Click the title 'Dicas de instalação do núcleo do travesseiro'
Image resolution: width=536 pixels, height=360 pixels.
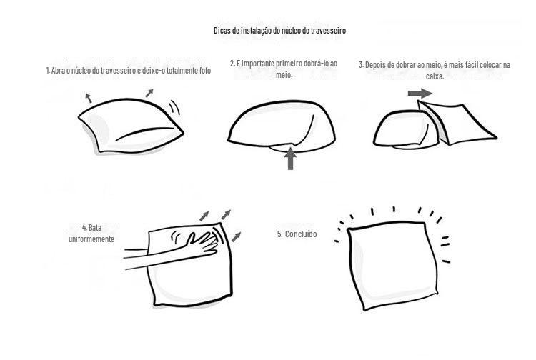coord(279,31)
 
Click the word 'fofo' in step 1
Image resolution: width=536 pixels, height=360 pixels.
coord(205,71)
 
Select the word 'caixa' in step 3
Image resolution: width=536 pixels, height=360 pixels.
coord(435,76)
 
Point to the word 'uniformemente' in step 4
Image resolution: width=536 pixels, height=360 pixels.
coord(91,239)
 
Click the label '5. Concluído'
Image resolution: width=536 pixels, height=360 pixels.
coord(297,234)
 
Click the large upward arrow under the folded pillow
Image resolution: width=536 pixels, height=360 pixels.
coord(290,159)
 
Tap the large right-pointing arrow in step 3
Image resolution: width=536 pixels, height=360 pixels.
coord(420,93)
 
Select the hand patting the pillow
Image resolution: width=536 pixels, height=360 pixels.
coord(202,243)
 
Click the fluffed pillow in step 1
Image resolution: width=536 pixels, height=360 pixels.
coord(130,126)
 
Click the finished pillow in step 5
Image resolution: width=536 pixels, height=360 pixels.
coord(392,265)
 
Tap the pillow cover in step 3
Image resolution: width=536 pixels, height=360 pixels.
coord(458,123)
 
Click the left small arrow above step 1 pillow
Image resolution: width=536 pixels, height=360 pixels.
coord(89,98)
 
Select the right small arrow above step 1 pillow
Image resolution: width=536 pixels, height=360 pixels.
coord(149,93)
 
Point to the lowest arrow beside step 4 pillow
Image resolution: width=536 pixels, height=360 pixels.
coord(237,236)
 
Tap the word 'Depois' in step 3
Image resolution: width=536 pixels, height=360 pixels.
coord(376,65)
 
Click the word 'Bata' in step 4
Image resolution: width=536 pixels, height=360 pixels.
coord(95,227)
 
